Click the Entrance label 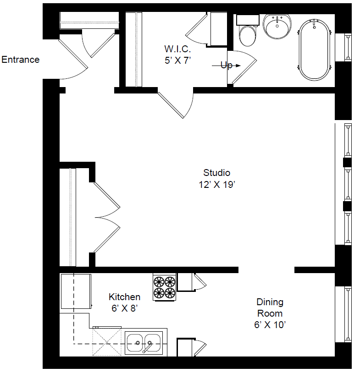click(x=21, y=60)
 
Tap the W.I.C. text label click(x=177, y=49)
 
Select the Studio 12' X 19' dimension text click(x=217, y=184)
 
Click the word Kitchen click(x=125, y=297)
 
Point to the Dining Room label click(x=270, y=307)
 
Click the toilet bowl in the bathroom click(x=248, y=36)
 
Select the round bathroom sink click(x=277, y=26)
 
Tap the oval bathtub click(x=314, y=49)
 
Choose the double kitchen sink click(x=144, y=343)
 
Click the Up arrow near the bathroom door click(x=227, y=66)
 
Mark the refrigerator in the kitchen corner click(x=76, y=291)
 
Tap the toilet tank click(x=248, y=20)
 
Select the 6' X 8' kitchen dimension click(x=125, y=308)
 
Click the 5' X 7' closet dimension click(x=177, y=60)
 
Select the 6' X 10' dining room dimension click(x=270, y=325)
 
